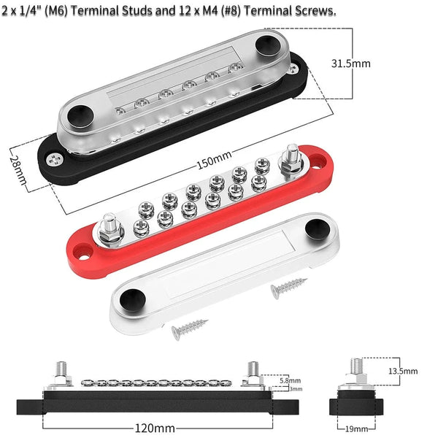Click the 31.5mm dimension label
(351, 64)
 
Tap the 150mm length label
(214, 161)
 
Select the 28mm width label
(18, 170)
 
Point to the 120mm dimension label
(155, 428)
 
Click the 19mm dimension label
(356, 429)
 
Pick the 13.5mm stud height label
(403, 371)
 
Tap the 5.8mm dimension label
(291, 380)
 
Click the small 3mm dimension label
(296, 388)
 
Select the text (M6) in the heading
(56, 11)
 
